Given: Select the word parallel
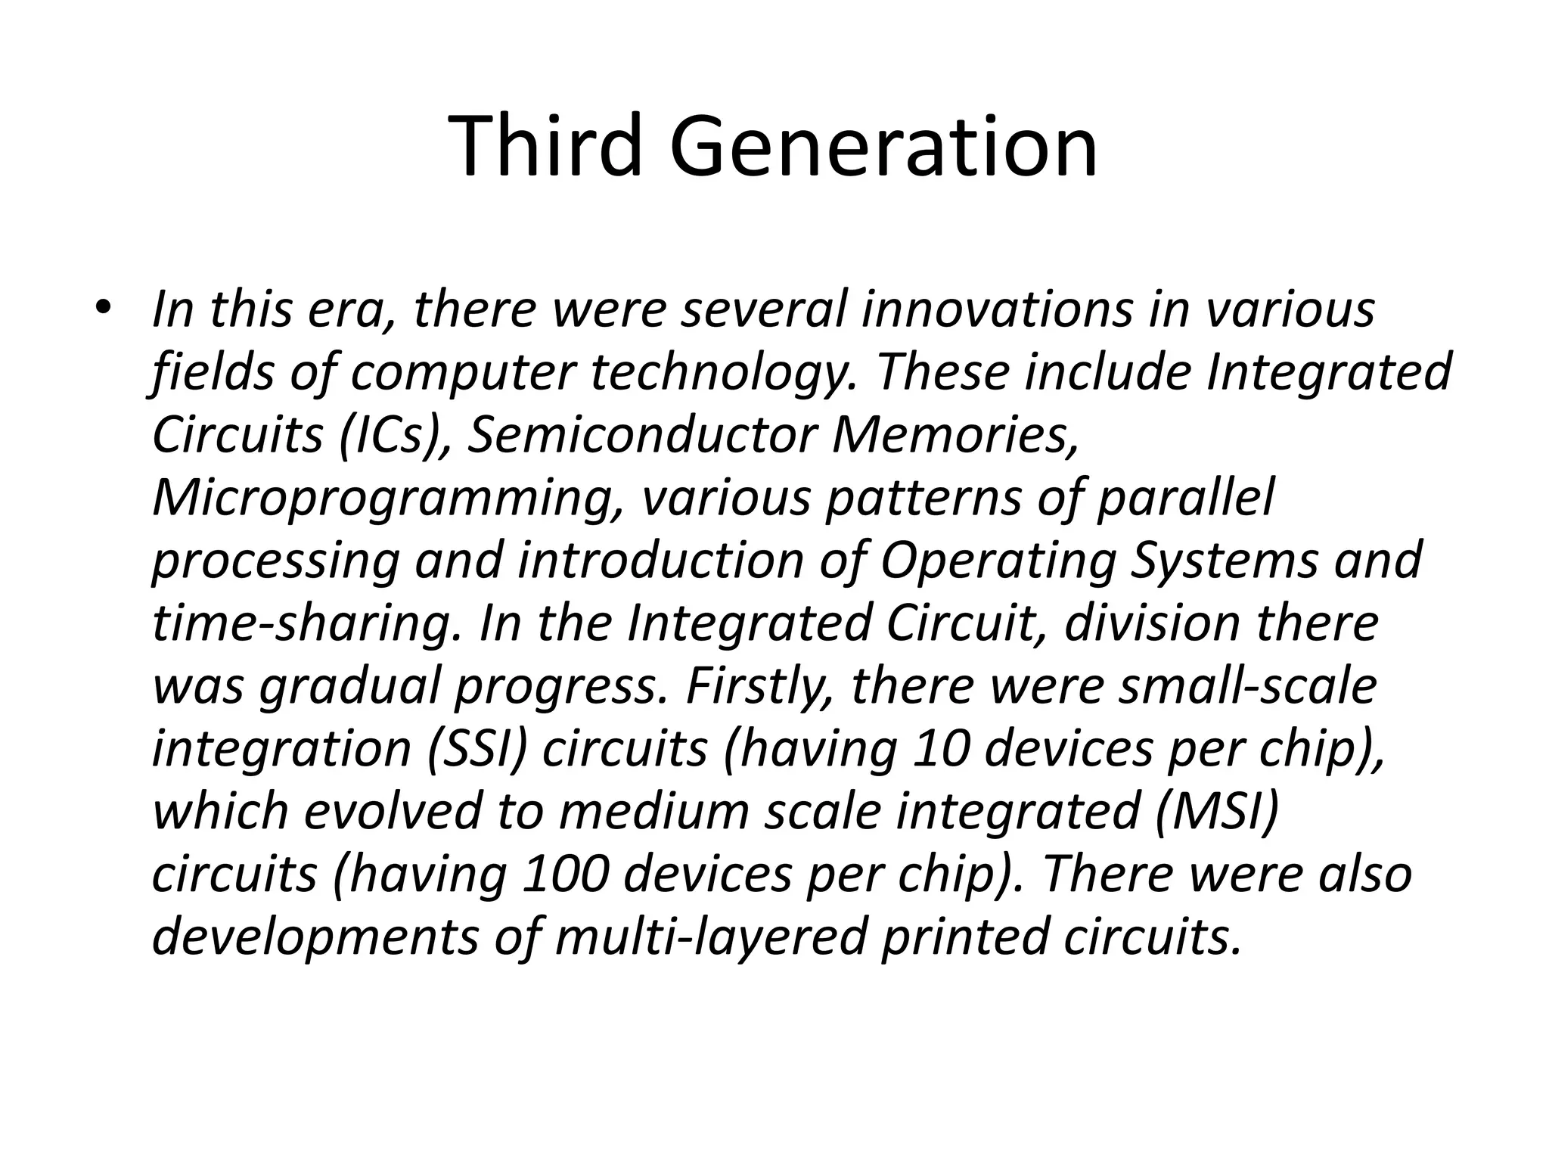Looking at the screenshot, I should tap(1185, 498).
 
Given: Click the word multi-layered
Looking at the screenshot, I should tap(710, 937).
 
